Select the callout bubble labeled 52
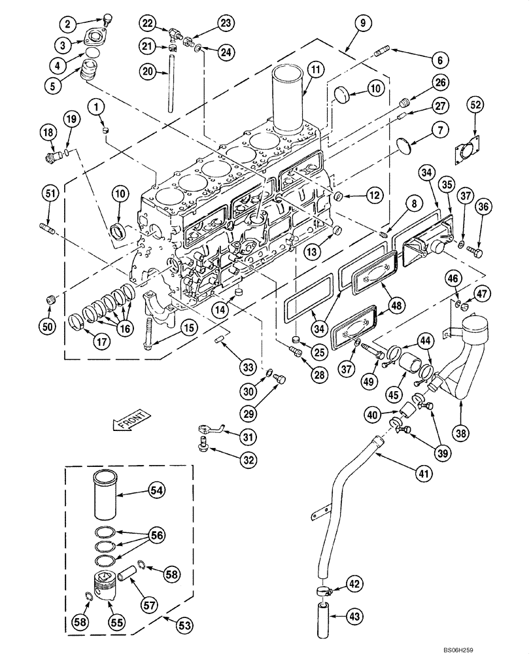475,105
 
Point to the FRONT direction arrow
131,420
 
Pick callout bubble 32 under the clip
247,460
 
